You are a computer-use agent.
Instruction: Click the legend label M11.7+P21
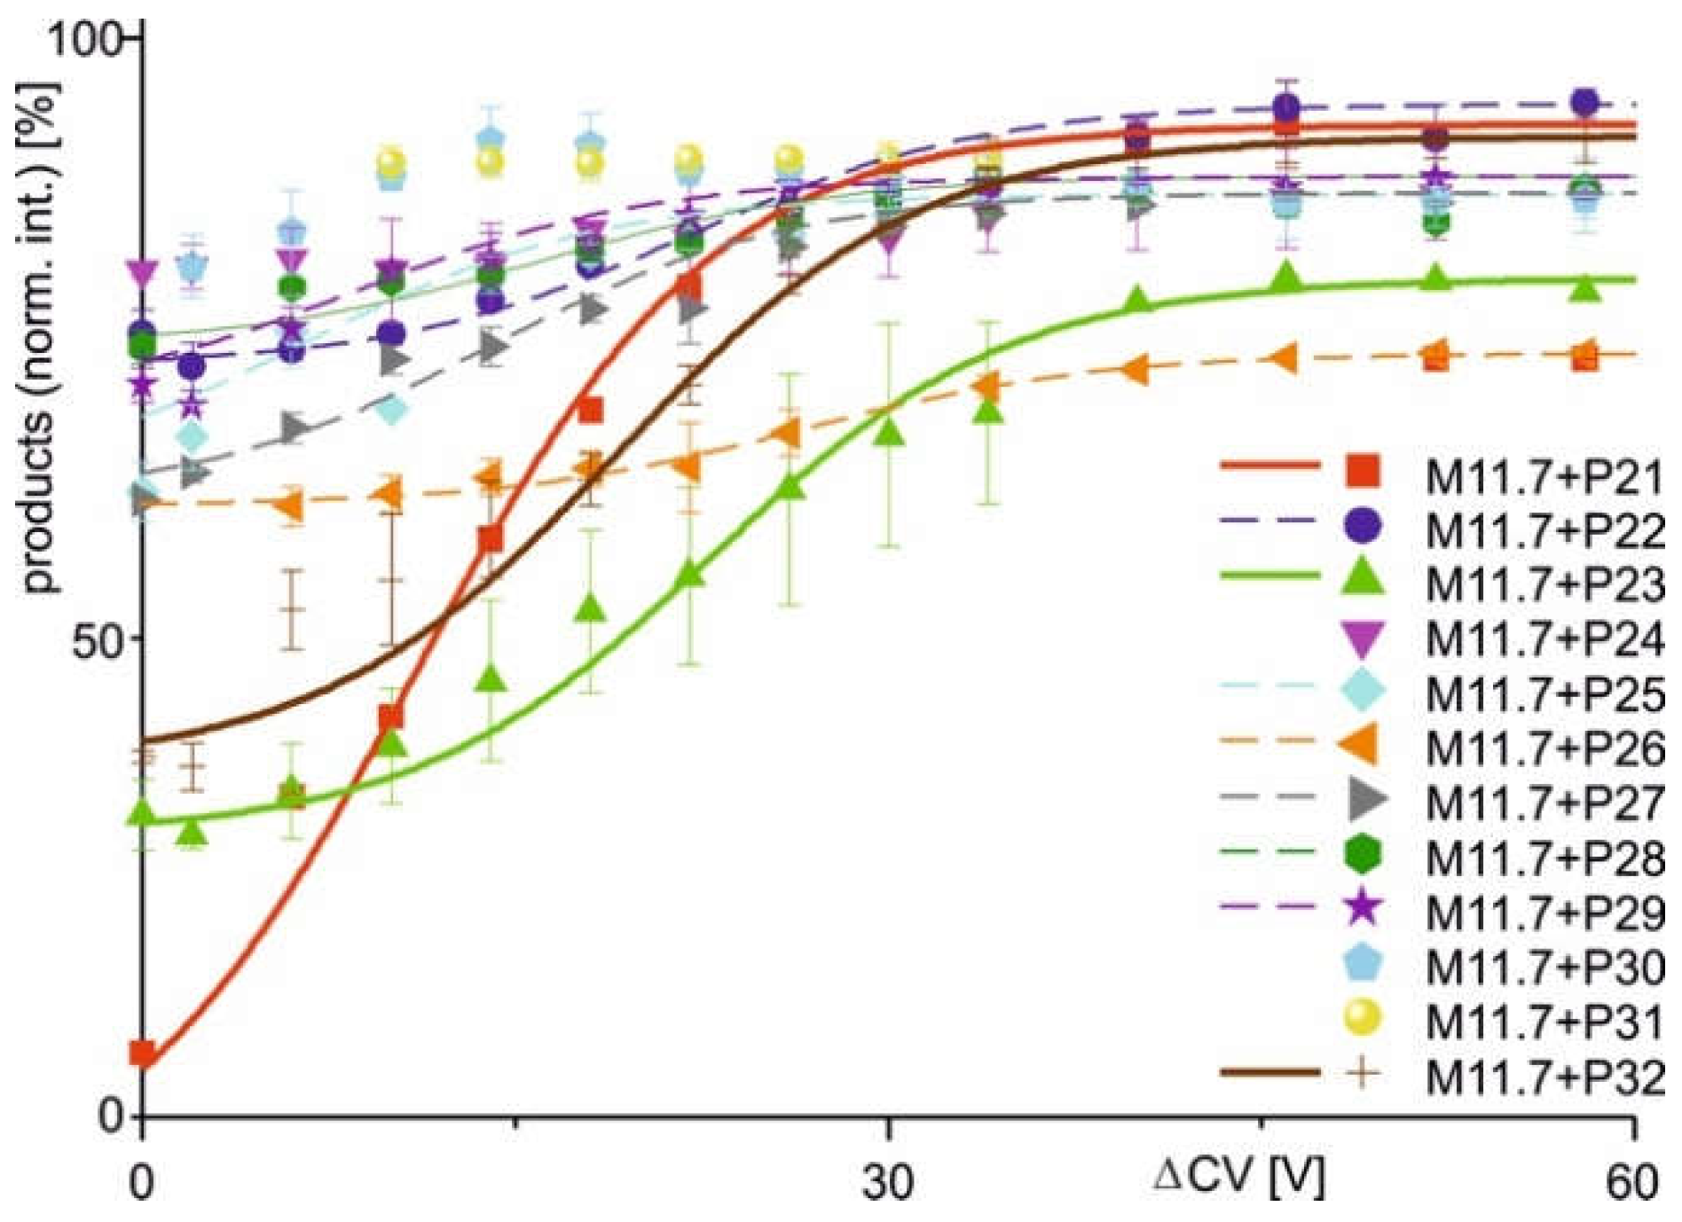1544,478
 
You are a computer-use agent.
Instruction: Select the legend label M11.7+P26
1544,748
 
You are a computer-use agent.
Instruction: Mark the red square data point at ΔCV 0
143,1054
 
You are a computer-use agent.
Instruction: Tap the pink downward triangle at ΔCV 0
143,273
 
